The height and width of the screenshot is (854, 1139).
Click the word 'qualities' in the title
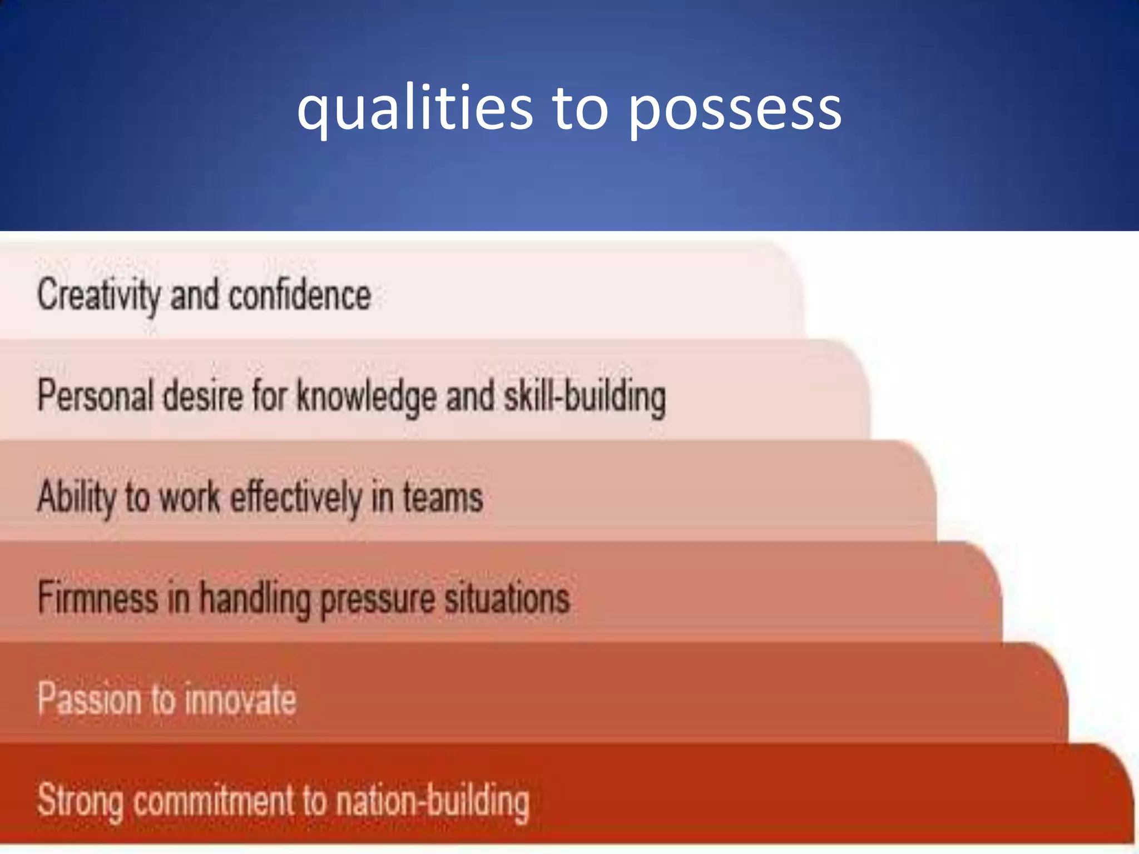(x=414, y=108)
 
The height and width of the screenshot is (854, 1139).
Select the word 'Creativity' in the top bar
(x=98, y=295)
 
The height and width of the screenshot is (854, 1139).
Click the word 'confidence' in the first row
(x=300, y=295)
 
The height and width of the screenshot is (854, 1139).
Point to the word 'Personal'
(x=95, y=396)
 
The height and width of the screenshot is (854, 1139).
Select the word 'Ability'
(x=76, y=497)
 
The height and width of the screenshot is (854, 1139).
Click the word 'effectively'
(x=295, y=497)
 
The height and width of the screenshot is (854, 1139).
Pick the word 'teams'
(x=443, y=497)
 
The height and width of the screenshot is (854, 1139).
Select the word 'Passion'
(x=89, y=699)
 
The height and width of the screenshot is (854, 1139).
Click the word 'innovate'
(x=240, y=699)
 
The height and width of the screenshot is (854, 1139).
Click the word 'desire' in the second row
(x=202, y=396)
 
